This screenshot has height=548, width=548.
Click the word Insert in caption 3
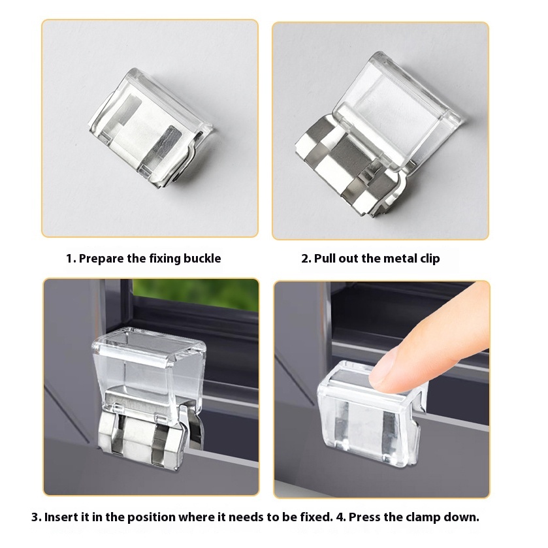pyautogui.click(x=62, y=517)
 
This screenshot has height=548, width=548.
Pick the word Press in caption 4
pyautogui.click(x=364, y=517)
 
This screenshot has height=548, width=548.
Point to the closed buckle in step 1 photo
pyautogui.click(x=151, y=127)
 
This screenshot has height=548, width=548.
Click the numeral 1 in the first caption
pyautogui.click(x=69, y=259)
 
